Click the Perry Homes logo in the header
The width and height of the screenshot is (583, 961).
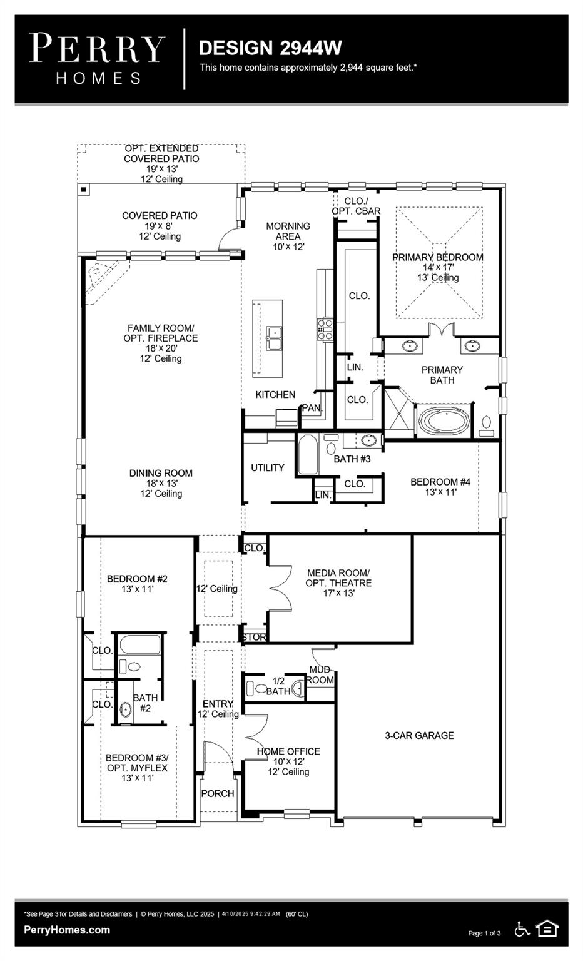coord(98,59)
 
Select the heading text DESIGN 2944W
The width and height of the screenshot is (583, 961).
coord(270,48)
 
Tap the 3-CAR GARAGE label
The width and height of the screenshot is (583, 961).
coord(419,736)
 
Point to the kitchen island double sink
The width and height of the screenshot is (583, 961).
coord(274,338)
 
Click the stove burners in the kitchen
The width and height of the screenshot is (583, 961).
coord(325,329)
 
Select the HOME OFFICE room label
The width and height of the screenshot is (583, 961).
coord(288,751)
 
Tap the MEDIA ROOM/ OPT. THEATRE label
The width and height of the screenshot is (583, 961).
coord(338,577)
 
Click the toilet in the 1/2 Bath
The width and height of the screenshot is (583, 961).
coord(254,689)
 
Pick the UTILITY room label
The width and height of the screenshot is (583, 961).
coord(268,468)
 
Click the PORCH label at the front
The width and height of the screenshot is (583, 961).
coord(218,793)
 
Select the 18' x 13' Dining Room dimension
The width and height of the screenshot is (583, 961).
coord(161,484)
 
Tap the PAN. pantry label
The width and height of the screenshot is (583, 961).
coord(312,408)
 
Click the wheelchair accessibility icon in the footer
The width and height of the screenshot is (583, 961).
coord(522,929)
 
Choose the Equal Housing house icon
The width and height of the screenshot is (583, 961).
coord(547,929)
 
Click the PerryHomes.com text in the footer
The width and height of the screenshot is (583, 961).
coord(67,930)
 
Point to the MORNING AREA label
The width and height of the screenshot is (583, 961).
coord(288,231)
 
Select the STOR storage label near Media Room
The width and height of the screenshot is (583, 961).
coord(254,637)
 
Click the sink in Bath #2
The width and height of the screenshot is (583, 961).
coord(126,710)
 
